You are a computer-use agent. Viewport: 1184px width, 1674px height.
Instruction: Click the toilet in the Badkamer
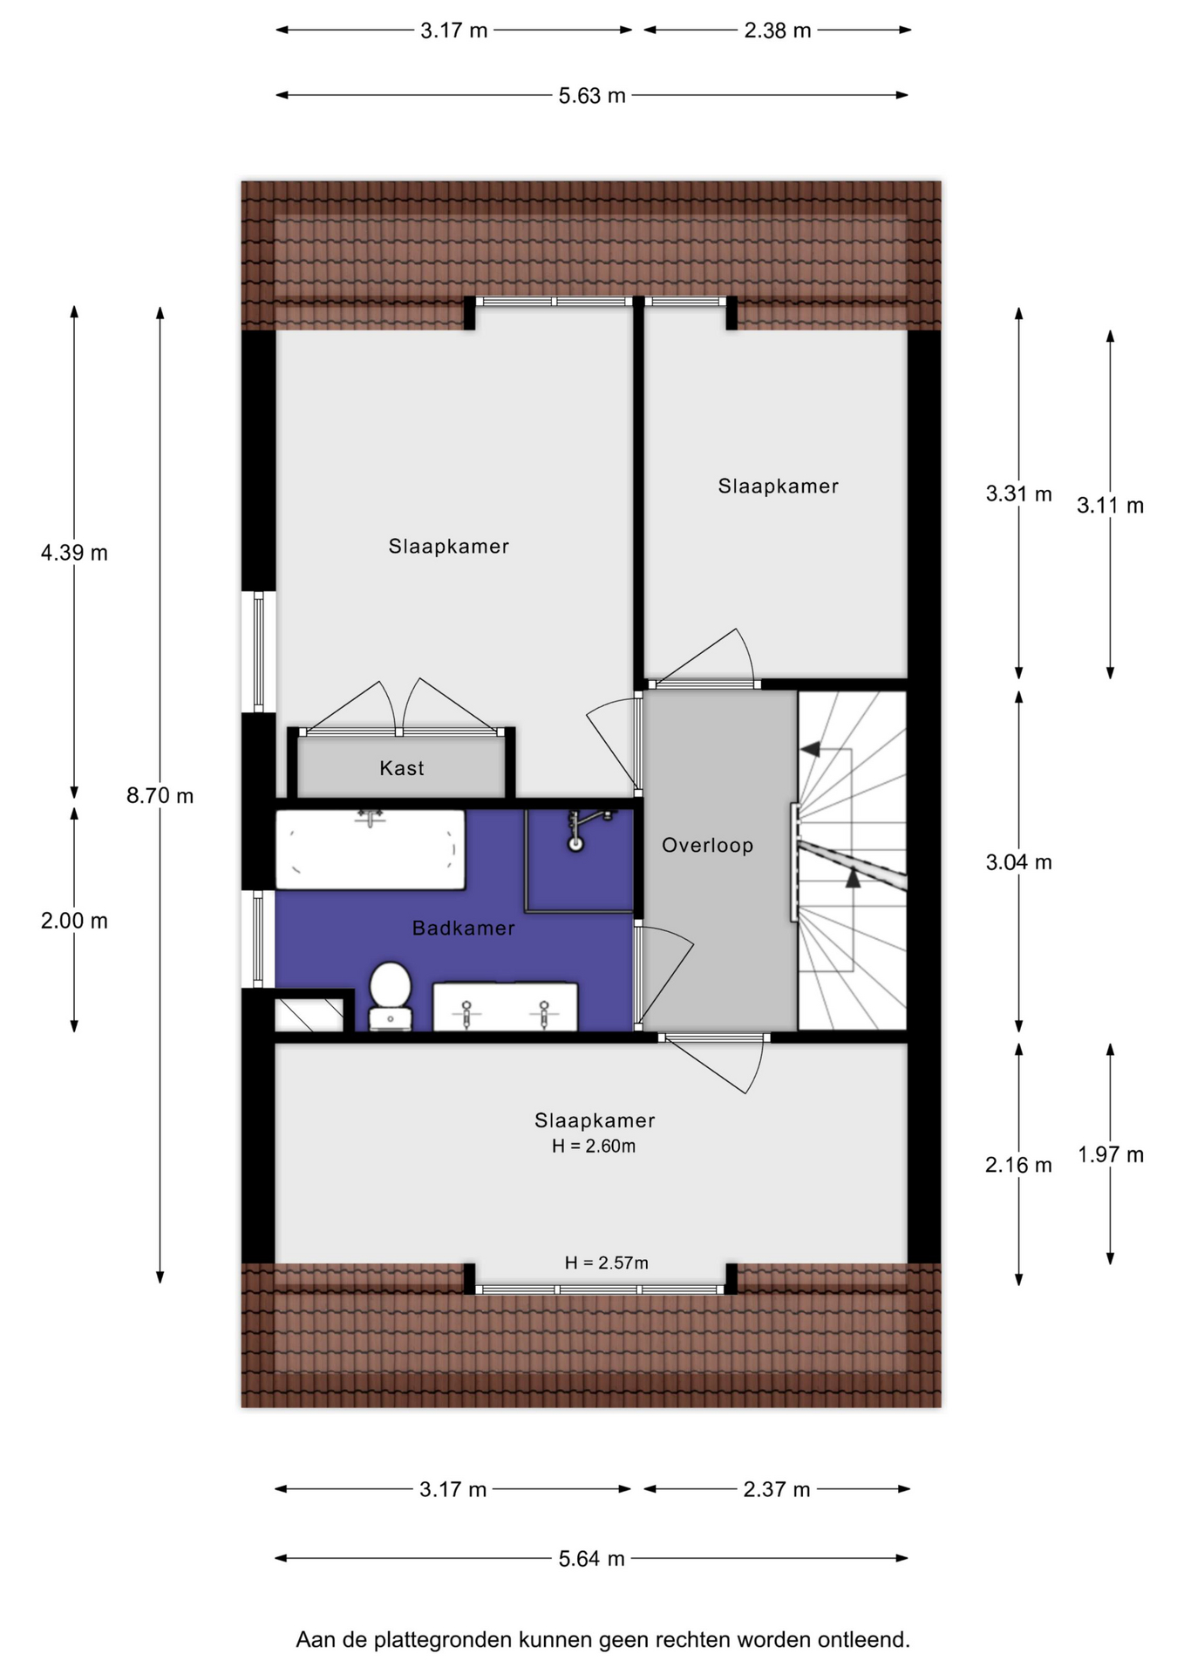click(x=390, y=996)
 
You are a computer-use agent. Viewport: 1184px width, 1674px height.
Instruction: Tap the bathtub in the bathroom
click(x=371, y=849)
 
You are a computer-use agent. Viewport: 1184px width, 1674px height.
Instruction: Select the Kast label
click(x=402, y=768)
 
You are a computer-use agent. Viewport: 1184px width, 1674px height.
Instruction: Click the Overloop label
click(x=707, y=845)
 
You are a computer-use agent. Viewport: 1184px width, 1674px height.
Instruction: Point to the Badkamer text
click(x=464, y=928)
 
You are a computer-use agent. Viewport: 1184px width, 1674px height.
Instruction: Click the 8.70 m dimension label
click(x=160, y=795)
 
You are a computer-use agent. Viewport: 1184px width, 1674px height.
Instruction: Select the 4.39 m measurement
click(x=74, y=553)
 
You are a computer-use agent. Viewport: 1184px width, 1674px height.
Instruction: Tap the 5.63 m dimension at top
click(x=592, y=95)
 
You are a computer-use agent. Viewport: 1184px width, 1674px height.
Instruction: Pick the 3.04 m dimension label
click(x=1018, y=862)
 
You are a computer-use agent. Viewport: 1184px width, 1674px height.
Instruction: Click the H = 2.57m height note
click(x=606, y=1262)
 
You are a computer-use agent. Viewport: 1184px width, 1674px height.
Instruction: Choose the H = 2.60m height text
click(x=594, y=1146)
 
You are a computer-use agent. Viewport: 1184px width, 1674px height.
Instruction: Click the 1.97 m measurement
click(x=1110, y=1154)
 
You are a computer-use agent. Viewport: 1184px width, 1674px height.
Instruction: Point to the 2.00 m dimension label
click(x=74, y=921)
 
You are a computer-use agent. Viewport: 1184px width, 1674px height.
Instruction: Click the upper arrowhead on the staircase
click(x=810, y=749)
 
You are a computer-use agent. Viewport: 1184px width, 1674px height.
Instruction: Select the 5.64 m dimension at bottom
click(x=592, y=1558)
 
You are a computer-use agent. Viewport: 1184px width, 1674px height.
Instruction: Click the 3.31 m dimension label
click(x=1018, y=493)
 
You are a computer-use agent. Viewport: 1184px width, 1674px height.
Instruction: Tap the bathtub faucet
click(x=371, y=817)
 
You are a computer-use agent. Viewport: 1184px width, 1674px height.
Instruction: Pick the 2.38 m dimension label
click(x=777, y=31)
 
